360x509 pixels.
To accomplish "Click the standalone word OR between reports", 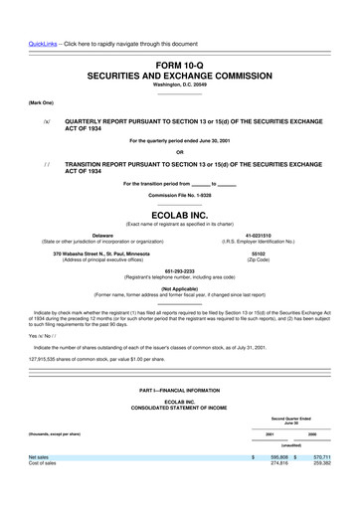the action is [x=179, y=150].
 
